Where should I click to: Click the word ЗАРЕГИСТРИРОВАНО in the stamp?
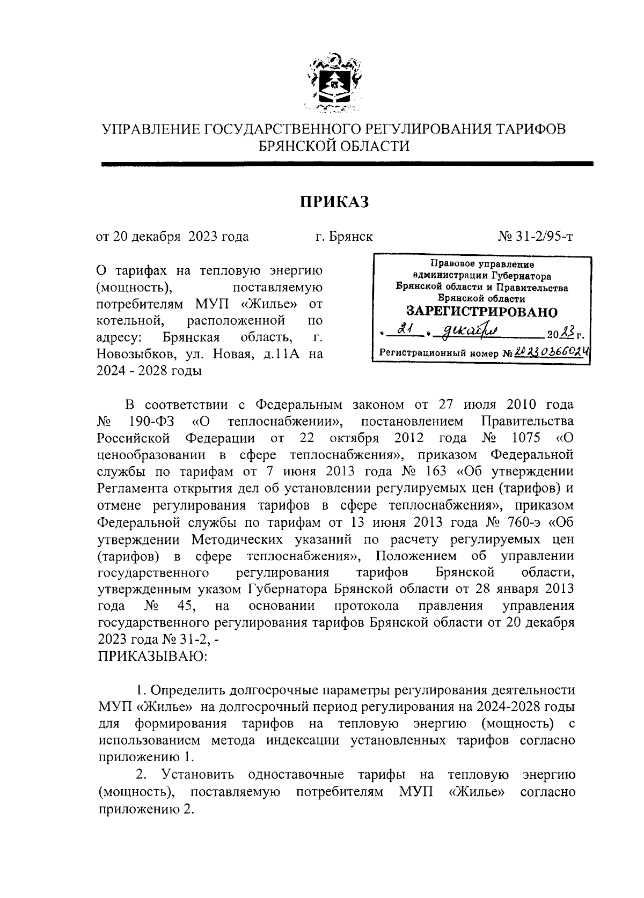pos(481,312)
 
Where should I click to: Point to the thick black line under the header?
pos(347,164)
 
